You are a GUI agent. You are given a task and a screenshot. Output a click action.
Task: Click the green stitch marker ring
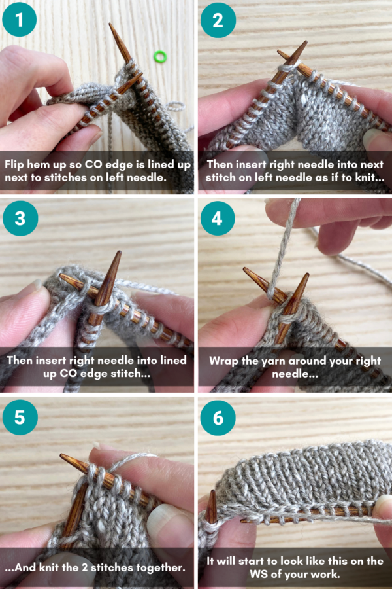click(x=159, y=57)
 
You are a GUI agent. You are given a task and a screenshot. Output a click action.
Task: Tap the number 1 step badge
click(x=20, y=20)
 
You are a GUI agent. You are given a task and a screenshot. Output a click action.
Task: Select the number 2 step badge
click(x=218, y=20)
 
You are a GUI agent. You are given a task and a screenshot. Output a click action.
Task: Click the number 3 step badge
click(x=20, y=218)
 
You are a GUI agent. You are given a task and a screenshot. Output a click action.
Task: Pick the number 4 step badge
click(x=218, y=218)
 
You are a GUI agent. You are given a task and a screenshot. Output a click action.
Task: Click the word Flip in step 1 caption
click(x=17, y=165)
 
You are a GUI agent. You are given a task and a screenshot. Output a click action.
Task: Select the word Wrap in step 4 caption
click(x=224, y=361)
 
